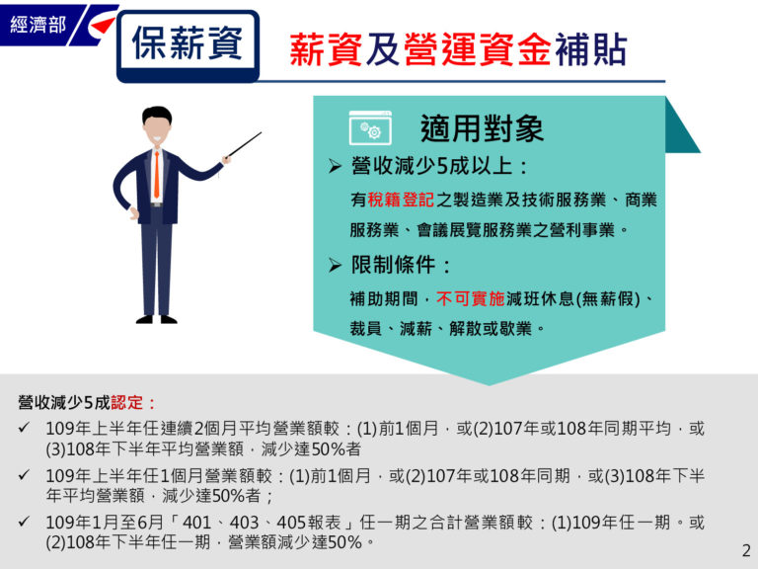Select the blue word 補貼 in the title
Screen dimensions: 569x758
tap(589, 50)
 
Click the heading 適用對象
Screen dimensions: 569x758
tap(482, 128)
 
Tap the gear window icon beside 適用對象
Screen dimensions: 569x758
tap(370, 130)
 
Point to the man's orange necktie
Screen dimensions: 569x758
tap(156, 174)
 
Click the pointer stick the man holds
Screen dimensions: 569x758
tap(243, 146)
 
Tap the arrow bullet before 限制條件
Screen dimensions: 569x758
tap(335, 265)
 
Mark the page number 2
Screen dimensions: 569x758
tap(745, 550)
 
